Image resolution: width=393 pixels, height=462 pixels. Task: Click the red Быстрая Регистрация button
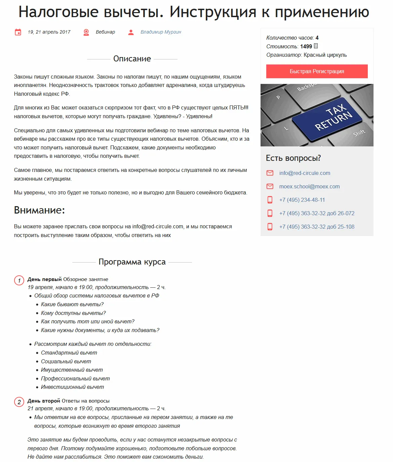tap(317, 71)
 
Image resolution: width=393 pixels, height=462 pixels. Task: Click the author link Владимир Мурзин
tap(161, 32)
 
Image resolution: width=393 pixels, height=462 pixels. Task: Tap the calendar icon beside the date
tap(18, 32)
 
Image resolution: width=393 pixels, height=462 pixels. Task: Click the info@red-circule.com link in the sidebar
tap(305, 173)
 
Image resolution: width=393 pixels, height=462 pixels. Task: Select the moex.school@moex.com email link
tap(309, 186)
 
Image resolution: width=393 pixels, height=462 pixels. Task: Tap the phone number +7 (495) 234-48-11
tap(302, 200)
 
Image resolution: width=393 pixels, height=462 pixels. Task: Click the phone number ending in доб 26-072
tap(317, 213)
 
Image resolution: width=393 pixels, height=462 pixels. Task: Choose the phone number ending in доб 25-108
tap(317, 227)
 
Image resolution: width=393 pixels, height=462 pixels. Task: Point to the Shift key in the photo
tap(359, 133)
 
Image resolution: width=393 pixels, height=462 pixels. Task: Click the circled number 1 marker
tap(19, 280)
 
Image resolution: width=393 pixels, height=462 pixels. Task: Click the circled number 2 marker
tap(19, 402)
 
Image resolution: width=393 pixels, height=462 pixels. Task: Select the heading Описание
tap(132, 59)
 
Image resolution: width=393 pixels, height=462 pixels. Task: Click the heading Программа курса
tap(132, 262)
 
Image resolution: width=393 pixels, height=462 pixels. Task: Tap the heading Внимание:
tap(39, 210)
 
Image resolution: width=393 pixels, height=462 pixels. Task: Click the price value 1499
tap(306, 46)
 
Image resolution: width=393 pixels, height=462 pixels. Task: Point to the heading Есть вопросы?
tap(293, 158)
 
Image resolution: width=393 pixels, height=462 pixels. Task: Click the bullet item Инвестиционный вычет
tap(72, 387)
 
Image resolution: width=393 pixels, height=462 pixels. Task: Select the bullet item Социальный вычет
tap(66, 361)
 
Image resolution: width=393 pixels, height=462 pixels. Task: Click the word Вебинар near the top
tap(105, 32)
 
